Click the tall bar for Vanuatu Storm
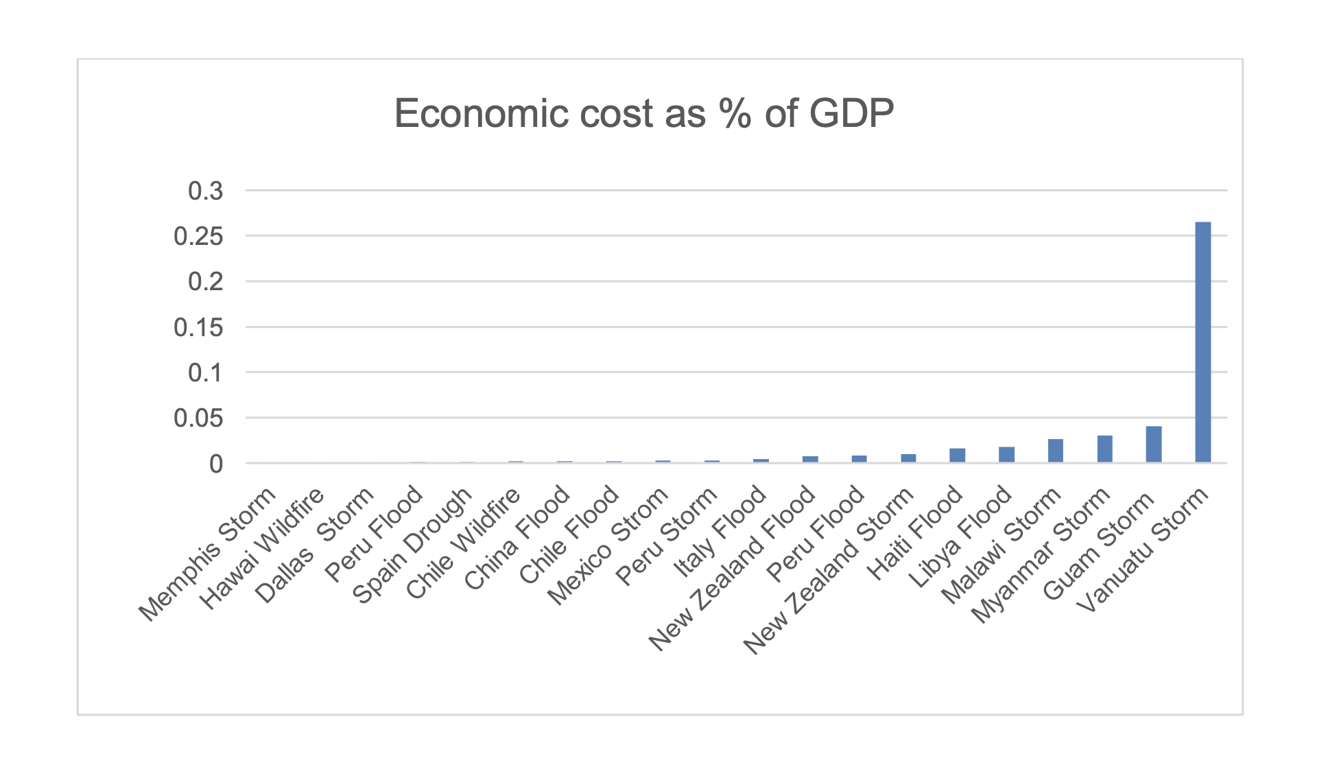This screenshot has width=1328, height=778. point(1202,342)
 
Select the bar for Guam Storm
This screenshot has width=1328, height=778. point(1154,444)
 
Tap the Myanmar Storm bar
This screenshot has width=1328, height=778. point(1104,449)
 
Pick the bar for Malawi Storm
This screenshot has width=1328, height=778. point(1056,451)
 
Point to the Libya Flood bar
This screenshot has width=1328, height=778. point(1006,455)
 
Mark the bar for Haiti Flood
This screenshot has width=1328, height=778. point(958,455)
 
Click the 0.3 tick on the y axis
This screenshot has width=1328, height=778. point(206,191)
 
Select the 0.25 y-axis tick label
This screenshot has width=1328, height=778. point(198,237)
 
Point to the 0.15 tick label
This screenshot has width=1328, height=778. point(198,327)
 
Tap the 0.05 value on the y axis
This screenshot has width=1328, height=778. point(198,419)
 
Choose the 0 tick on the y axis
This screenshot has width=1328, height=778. point(216,464)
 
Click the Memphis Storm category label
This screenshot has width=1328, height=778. point(207,554)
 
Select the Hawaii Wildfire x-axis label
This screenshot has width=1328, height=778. point(261,549)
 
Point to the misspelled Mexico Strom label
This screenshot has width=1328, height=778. point(608,546)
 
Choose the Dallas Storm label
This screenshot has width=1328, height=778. point(314,545)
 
